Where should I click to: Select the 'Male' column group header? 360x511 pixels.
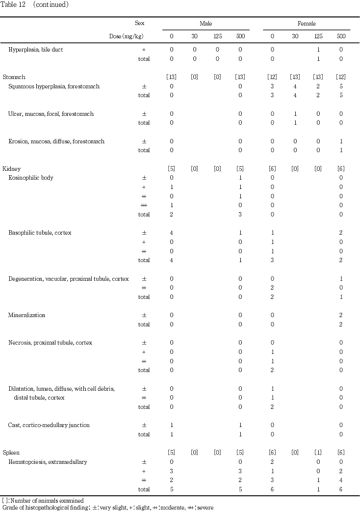click(x=206, y=23)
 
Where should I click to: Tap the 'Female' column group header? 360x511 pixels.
click(x=307, y=23)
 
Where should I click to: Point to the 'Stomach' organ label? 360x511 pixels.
click(x=14, y=77)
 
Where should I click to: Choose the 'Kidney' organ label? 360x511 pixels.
click(x=12, y=169)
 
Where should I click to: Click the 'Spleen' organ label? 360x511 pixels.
click(x=11, y=453)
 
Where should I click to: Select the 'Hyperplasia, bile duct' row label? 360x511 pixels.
click(x=35, y=50)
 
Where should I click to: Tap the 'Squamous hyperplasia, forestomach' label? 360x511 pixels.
click(x=54, y=86)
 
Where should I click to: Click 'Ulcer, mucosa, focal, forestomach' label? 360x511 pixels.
click(x=51, y=114)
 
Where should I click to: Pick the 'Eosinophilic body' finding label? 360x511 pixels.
click(x=31, y=178)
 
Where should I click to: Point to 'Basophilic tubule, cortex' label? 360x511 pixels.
click(x=40, y=233)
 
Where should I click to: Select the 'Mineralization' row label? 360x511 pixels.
click(x=26, y=315)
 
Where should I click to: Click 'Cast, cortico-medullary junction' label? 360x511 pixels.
click(x=49, y=425)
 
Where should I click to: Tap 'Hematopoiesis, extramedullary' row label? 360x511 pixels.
click(x=45, y=462)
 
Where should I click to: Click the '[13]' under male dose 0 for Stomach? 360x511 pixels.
click(x=172, y=77)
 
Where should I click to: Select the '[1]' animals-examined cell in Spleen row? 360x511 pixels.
click(x=318, y=453)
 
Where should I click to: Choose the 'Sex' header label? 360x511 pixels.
click(x=140, y=23)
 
